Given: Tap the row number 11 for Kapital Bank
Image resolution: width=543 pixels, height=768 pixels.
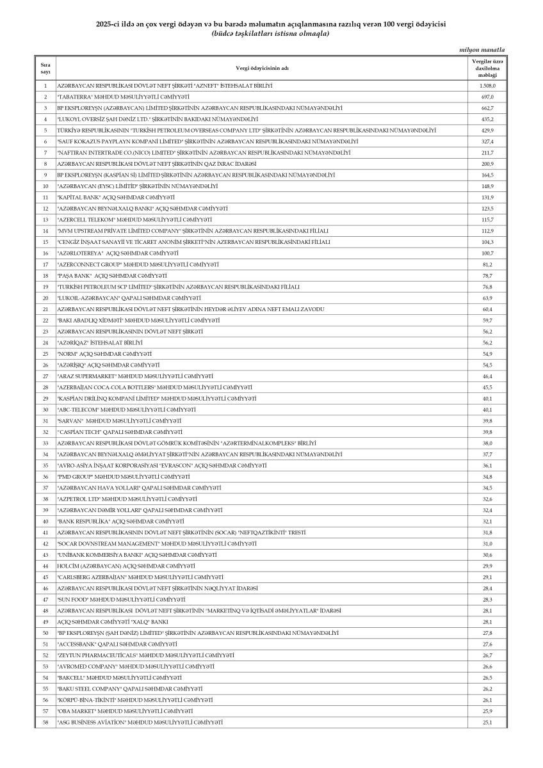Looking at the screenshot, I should [x=45, y=197].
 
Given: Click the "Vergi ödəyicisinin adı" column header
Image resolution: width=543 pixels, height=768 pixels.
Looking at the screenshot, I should [x=261, y=68].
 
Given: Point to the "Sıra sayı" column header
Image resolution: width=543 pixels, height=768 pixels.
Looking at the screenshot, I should [x=45, y=68].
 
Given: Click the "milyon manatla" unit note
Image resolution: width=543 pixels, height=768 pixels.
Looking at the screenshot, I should [x=482, y=49].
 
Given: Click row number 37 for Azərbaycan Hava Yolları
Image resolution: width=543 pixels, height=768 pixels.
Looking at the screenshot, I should [x=45, y=488].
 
